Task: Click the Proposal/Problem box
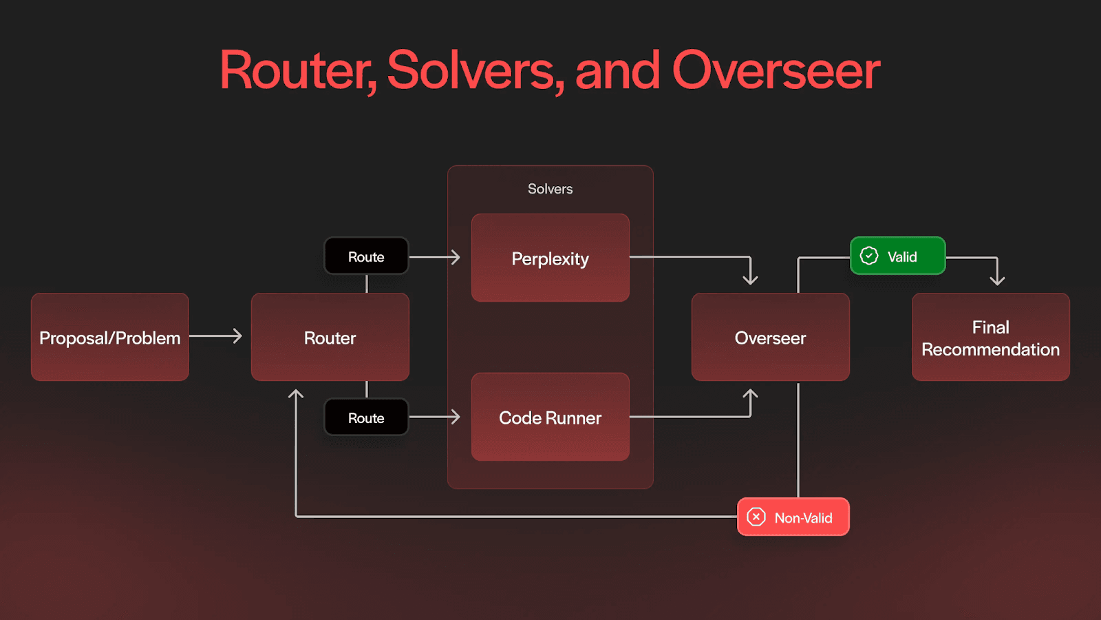tap(110, 337)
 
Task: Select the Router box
tap(330, 337)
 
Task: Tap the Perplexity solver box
tap(550, 258)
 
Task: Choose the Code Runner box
tap(550, 417)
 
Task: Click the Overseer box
tap(771, 337)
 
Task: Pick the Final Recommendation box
tap(991, 337)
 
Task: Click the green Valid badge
tap(898, 256)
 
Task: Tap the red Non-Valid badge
tap(793, 517)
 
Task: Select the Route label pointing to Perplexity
tap(366, 256)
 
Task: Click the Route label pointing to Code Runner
tap(366, 417)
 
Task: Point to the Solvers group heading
tap(550, 189)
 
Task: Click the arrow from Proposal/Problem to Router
tap(216, 336)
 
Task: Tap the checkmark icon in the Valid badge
tap(869, 256)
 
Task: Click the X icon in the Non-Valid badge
tap(756, 517)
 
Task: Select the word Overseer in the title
tap(776, 70)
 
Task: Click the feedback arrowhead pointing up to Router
tap(296, 395)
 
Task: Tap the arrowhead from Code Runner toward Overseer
tap(750, 395)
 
